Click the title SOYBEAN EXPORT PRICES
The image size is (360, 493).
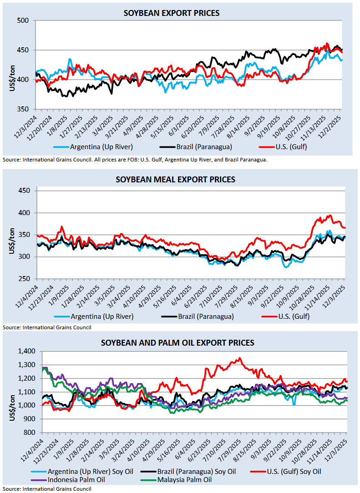coord(172,13)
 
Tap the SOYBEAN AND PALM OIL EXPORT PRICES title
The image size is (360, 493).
coord(177,342)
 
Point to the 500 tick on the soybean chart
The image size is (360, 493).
coord(23,20)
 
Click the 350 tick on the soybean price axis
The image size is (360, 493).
coord(23,109)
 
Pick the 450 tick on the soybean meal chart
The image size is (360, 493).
coord(23,191)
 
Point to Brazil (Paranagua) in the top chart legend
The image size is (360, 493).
coord(197,147)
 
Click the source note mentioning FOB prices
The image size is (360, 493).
coord(135,160)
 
